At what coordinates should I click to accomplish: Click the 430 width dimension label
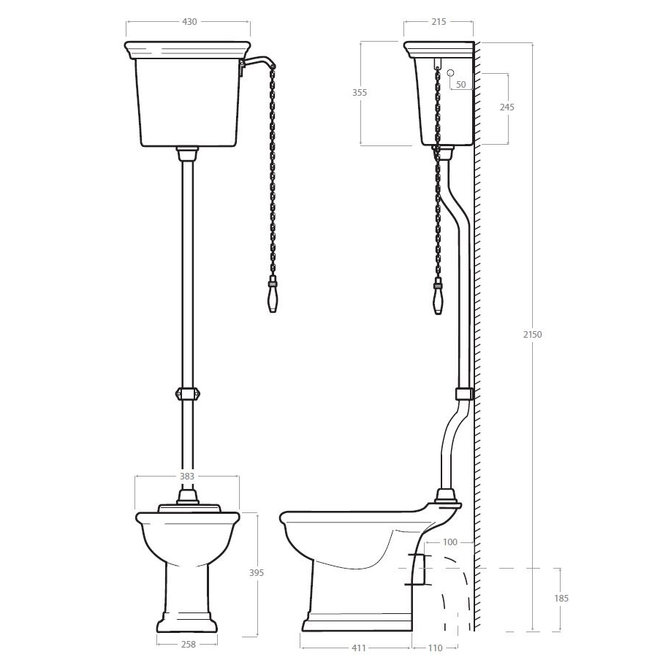click(x=189, y=21)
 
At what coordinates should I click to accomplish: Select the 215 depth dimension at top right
click(x=439, y=21)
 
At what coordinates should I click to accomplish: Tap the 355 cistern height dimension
click(x=360, y=93)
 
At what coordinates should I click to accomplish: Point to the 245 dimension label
click(x=507, y=107)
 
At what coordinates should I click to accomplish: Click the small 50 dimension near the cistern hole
click(x=461, y=84)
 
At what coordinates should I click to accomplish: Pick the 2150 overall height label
click(x=533, y=335)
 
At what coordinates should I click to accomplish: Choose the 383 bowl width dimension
click(x=187, y=476)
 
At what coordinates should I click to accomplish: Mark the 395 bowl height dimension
click(x=257, y=572)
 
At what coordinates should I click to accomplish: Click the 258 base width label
click(x=188, y=644)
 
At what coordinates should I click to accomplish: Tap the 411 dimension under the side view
click(x=358, y=648)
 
